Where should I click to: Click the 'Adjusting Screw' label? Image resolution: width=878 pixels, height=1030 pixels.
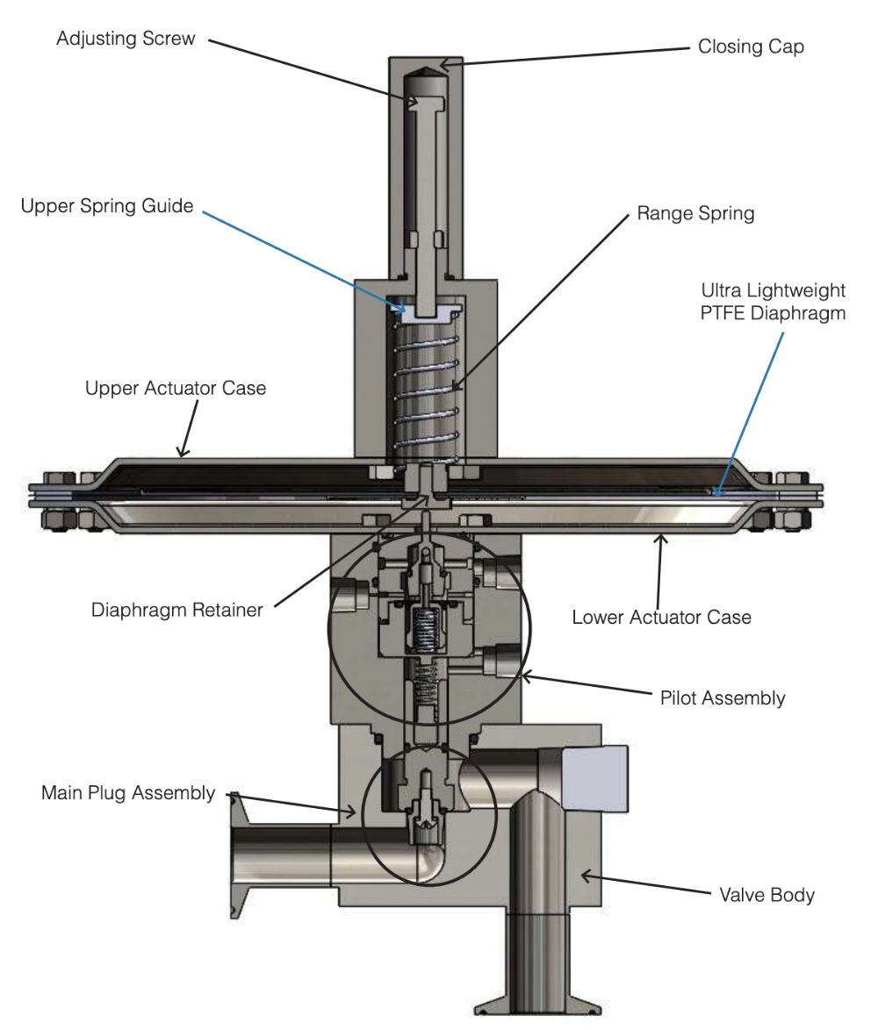[x=126, y=39]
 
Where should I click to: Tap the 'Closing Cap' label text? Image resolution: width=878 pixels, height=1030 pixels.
[x=751, y=47]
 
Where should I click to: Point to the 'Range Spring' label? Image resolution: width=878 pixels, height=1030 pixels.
[x=695, y=213]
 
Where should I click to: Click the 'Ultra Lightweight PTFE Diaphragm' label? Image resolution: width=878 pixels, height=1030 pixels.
[x=773, y=301]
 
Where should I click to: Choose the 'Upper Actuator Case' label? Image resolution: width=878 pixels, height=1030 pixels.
[x=175, y=388]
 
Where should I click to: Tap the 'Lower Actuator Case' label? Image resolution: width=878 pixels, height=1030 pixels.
[x=661, y=617]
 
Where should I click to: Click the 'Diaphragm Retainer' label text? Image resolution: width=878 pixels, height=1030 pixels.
[x=176, y=610]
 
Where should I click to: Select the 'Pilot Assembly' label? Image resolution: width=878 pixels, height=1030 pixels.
[x=722, y=698]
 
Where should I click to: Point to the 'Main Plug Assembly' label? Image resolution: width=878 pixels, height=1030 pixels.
[x=128, y=793]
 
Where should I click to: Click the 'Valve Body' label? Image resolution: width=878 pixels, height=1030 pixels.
[x=766, y=895]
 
